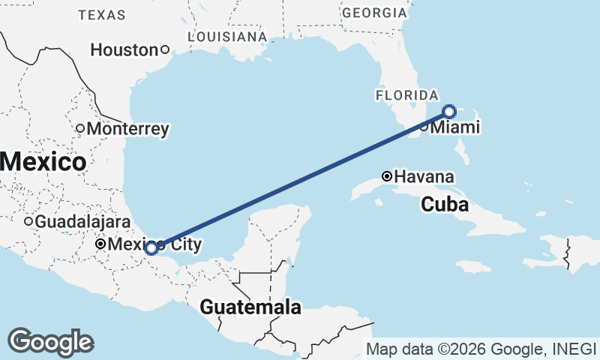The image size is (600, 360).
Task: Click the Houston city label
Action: pos(124,50)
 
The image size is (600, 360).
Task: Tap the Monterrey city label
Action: pos(127,129)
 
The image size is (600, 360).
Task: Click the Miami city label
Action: pos(454,128)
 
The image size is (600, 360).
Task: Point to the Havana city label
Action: pos(424,177)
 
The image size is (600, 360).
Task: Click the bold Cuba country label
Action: pos(444,204)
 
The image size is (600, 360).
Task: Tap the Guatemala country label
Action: pos(250,307)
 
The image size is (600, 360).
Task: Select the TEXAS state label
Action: pos(102,15)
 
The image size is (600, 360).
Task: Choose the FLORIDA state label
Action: pos(406,95)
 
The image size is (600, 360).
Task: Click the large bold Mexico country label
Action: pos(42,161)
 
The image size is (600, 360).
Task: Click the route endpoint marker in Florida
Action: pos(449,112)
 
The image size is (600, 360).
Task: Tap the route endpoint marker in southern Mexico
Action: pos(151,247)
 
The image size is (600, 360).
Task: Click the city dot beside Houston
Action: pos(165,50)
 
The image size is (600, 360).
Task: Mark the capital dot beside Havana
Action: pos(387,177)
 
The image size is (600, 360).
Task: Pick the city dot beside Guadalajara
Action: pos(28,221)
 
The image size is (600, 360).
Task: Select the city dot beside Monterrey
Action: pos(80,128)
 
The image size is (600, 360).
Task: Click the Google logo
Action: pos(50,341)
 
